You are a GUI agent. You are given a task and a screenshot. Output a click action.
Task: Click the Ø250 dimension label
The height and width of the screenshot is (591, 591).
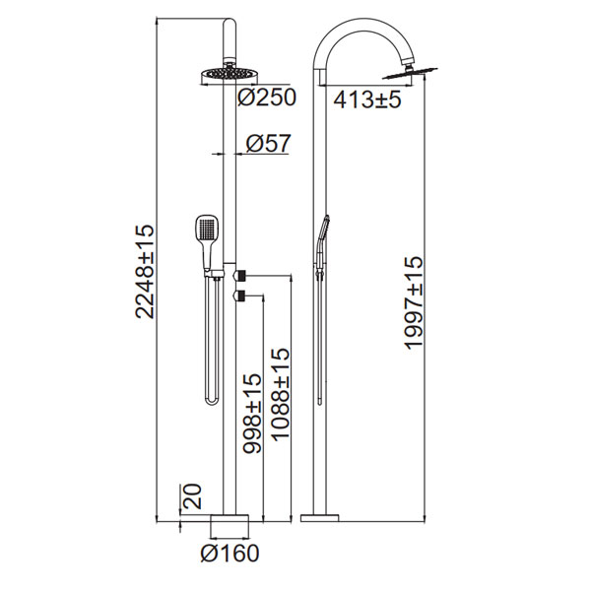point(267,98)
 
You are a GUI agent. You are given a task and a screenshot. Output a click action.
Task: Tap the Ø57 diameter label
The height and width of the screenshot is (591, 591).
point(269,143)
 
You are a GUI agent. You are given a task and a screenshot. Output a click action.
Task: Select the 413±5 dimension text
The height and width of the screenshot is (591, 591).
point(367,99)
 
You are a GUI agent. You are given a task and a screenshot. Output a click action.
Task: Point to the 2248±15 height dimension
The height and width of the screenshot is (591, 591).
point(145,272)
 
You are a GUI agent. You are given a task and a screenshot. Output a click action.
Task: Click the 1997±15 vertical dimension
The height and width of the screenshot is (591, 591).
point(415,303)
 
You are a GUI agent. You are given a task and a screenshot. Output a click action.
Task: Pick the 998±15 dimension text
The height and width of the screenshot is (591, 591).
point(252,413)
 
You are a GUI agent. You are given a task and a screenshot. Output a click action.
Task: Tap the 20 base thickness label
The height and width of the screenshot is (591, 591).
point(192,496)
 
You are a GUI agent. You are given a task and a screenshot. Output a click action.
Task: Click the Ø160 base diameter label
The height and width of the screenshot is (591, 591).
point(230,554)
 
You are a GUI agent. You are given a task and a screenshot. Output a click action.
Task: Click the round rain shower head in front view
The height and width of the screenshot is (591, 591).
point(230,76)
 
